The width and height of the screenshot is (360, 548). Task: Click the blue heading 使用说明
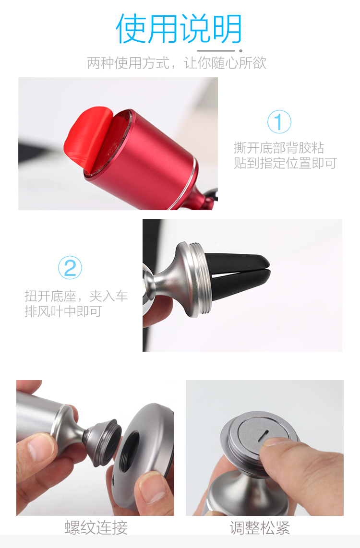pyautogui.click(x=179, y=29)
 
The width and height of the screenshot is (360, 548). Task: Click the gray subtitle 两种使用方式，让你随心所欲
pyautogui.click(x=176, y=63)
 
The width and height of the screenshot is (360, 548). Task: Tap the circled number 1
pyautogui.click(x=279, y=121)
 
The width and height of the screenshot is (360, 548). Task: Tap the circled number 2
pyautogui.click(x=70, y=268)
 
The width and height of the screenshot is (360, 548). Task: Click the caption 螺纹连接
pyautogui.click(x=96, y=528)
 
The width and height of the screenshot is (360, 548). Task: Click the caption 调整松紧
pyautogui.click(x=260, y=528)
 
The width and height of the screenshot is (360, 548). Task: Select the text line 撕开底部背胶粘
pyautogui.click(x=279, y=147)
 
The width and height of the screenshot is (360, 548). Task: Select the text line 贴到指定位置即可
pyautogui.click(x=285, y=163)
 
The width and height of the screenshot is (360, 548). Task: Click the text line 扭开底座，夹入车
pyautogui.click(x=76, y=296)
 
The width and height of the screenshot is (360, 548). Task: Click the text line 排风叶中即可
pyautogui.click(x=63, y=311)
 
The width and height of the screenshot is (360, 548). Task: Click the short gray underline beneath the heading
pyautogui.click(x=216, y=50)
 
